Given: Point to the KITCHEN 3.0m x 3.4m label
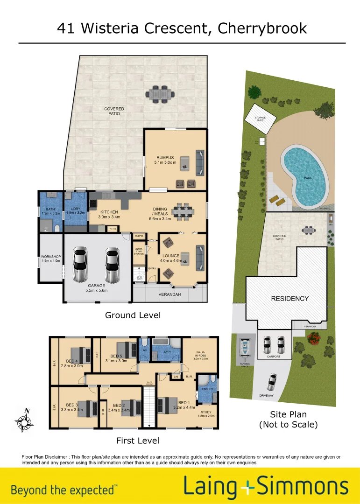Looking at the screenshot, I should coord(108,214).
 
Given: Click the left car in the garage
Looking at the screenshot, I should coord(80,265).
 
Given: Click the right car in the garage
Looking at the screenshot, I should coord(113,265).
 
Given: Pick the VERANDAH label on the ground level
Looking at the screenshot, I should coord(169,294).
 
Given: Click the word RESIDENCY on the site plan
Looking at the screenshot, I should coord(290,298).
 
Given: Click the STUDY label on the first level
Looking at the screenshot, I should coord(206,412).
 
